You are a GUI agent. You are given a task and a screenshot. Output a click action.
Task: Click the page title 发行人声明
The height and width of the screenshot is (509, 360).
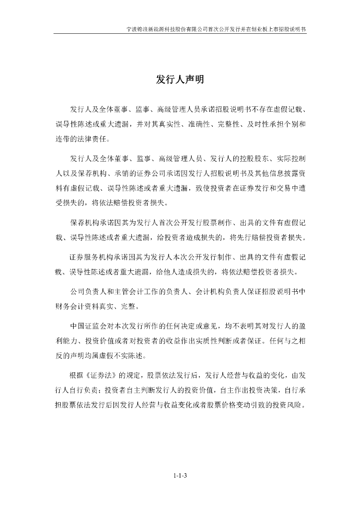(180, 80)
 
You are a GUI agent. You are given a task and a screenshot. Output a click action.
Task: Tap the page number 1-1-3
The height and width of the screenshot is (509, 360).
(180, 476)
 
